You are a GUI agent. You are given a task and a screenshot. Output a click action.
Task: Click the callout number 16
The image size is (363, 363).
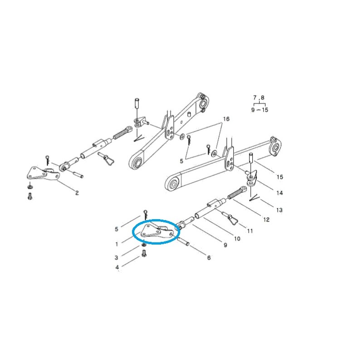(x=226, y=119)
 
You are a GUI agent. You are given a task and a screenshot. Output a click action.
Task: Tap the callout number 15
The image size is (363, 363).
(x=280, y=177)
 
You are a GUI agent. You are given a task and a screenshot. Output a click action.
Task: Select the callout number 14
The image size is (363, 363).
(x=280, y=193)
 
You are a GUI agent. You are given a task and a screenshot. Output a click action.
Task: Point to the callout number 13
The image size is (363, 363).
(x=279, y=210)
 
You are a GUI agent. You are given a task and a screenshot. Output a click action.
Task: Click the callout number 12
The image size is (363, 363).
(x=266, y=220)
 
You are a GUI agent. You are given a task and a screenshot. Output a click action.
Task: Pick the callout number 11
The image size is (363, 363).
(x=250, y=231)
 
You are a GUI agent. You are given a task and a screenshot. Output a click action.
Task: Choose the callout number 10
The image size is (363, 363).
(x=237, y=239)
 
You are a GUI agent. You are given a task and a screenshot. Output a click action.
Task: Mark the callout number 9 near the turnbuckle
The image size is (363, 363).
(x=225, y=245)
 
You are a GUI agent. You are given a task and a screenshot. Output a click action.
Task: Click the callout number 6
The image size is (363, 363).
(x=209, y=258)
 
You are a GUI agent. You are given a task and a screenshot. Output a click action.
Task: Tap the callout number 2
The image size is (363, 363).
(x=77, y=193)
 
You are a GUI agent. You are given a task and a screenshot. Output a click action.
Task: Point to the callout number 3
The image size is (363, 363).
(x=117, y=258)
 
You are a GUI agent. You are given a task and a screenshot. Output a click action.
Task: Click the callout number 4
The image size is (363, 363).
(x=117, y=268)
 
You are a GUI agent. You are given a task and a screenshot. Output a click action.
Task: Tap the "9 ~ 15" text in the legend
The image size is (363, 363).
(x=259, y=110)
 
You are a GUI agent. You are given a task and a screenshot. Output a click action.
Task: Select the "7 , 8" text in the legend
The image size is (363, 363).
(x=259, y=98)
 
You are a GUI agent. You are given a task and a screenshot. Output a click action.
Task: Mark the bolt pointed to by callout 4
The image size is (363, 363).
(x=144, y=255)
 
